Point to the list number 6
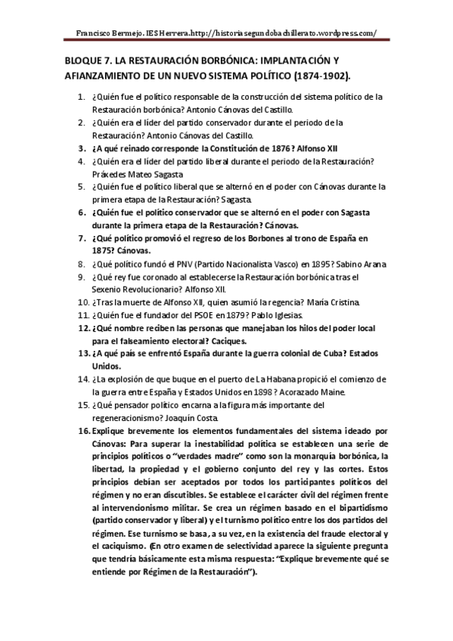pos(82,212)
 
